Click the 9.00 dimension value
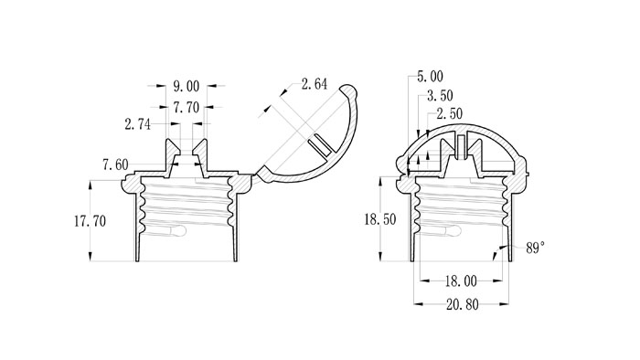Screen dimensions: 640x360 click(187, 87)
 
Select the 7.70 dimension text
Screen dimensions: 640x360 click(187, 108)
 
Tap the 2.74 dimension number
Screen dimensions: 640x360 click(137, 124)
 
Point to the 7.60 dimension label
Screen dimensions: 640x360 click(115, 164)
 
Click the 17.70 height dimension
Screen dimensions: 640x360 click(90, 221)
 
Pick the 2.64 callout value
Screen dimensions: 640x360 click(315, 84)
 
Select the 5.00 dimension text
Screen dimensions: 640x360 click(430, 76)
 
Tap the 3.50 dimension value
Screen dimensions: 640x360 click(440, 96)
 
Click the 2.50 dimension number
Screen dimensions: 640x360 click(450, 113)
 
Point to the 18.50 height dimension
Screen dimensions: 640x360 click(380, 220)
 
